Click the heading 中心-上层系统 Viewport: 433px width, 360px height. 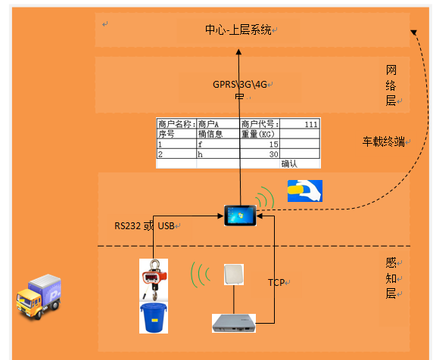[238, 29]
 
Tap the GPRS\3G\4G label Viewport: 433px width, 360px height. [239, 85]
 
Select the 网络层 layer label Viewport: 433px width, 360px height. [391, 85]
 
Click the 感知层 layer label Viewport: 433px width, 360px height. [391, 278]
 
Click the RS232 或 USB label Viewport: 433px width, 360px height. [145, 225]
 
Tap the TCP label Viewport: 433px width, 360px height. [276, 282]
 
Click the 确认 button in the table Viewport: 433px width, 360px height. [289, 163]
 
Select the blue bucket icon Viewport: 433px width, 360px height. [153, 318]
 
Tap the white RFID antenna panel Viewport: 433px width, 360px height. [232, 273]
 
